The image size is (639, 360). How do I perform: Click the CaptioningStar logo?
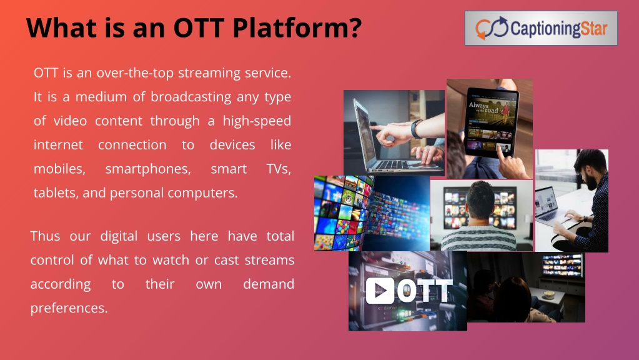541,28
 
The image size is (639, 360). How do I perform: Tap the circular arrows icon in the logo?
492,28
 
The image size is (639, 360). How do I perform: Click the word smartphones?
148,169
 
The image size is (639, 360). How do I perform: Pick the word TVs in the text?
279,168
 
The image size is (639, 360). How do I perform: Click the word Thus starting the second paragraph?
45,236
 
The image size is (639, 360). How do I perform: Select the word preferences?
69,308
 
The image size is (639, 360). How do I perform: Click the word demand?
269,284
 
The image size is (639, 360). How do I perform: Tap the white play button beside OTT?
380,291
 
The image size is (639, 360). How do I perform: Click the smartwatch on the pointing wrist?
416,128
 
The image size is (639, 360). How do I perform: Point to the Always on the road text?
483,107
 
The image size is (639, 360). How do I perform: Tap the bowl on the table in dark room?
549,294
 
